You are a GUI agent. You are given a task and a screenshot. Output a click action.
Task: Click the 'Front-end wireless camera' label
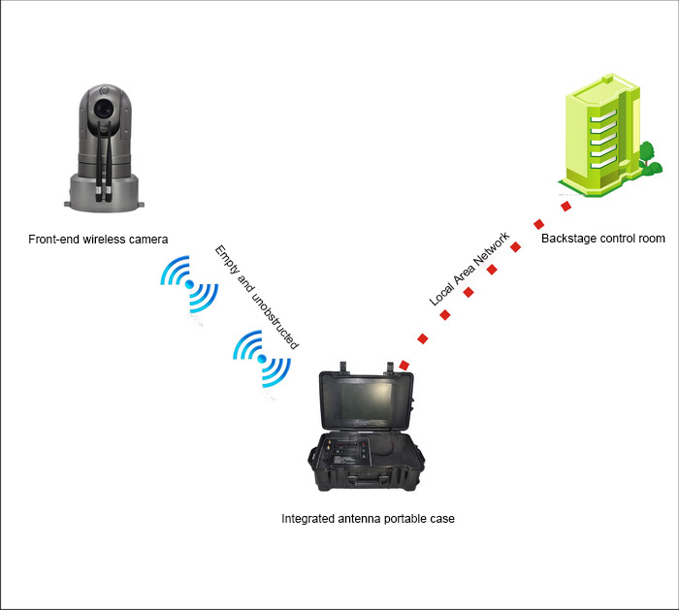99,239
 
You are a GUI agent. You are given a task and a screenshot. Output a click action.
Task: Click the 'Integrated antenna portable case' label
368,519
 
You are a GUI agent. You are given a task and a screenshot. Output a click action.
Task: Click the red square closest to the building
566,206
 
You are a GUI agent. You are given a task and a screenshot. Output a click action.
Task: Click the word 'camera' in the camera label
148,239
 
